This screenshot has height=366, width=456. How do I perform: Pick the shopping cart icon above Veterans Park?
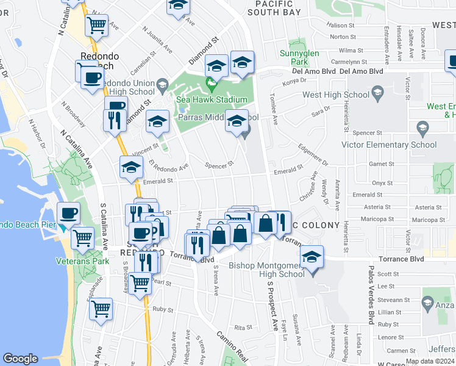[x=82, y=238]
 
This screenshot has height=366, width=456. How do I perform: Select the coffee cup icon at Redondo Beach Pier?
[x=68, y=213]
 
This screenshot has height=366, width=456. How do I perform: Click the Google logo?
[x=20, y=359]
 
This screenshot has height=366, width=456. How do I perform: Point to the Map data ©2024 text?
[x=430, y=361]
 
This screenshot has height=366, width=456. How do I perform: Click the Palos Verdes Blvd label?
[x=370, y=299]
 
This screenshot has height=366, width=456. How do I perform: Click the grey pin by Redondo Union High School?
[x=162, y=84]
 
